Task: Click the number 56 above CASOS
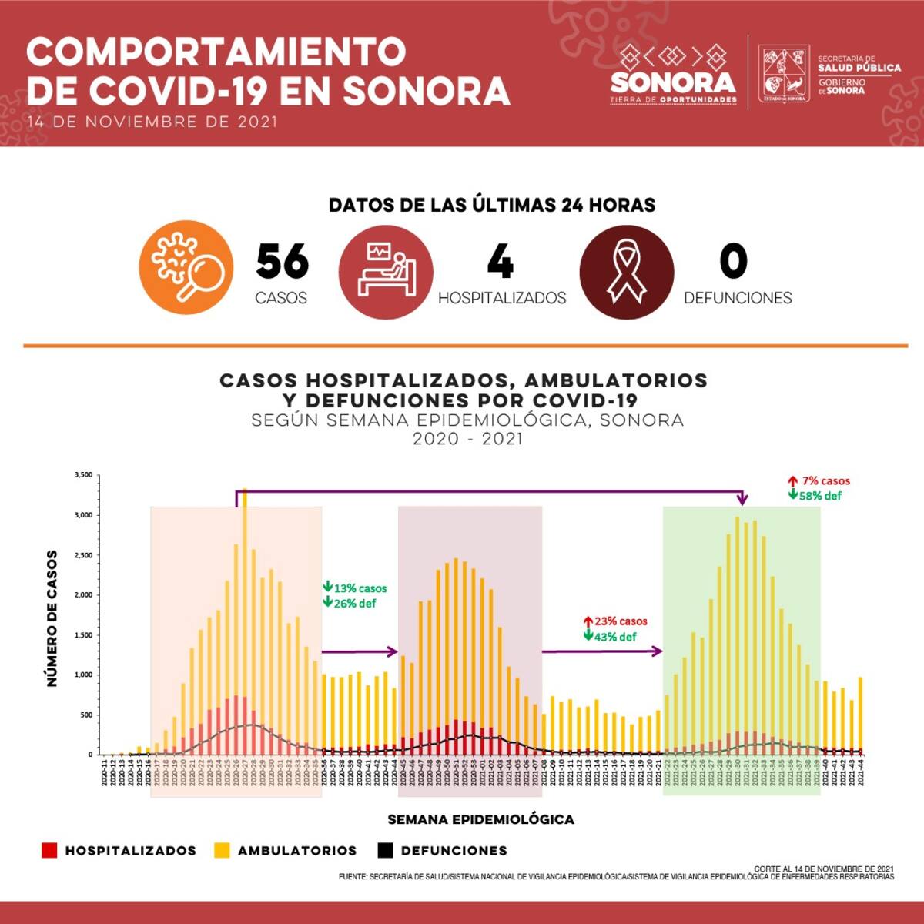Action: [x=282, y=262]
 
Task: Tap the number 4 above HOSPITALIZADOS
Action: [x=500, y=262]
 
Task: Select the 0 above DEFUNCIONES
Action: [x=733, y=261]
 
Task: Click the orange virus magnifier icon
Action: [x=186, y=268]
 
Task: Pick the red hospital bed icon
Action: [x=386, y=272]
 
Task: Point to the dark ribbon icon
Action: [x=627, y=272]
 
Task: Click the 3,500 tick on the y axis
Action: [x=83, y=475]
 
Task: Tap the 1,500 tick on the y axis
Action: [x=83, y=635]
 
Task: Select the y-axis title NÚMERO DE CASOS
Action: [x=52, y=618]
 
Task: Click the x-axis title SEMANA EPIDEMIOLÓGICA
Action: [x=480, y=819]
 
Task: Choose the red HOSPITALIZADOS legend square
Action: [x=49, y=850]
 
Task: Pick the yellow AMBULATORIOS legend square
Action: [x=222, y=850]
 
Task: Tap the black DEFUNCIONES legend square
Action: [x=386, y=850]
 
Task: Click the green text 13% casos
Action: [x=360, y=588]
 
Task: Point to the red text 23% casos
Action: [x=620, y=621]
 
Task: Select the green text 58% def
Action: [x=820, y=496]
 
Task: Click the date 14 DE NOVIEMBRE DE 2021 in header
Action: [x=152, y=122]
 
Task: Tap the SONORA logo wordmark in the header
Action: [x=673, y=82]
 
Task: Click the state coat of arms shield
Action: [x=783, y=74]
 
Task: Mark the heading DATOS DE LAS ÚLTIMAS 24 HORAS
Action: [x=492, y=205]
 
